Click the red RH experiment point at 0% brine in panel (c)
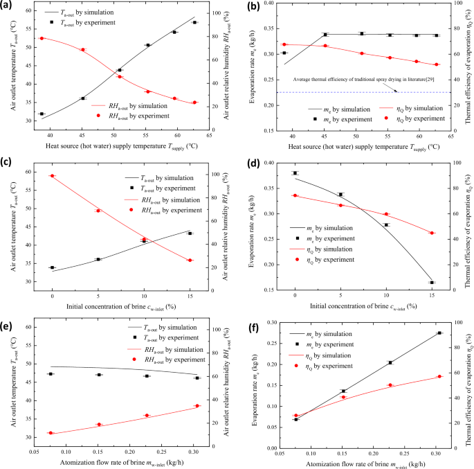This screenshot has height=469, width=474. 52,176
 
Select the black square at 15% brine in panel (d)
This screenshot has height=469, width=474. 432,282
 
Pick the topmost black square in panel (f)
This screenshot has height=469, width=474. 439,333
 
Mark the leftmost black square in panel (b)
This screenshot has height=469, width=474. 284,53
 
